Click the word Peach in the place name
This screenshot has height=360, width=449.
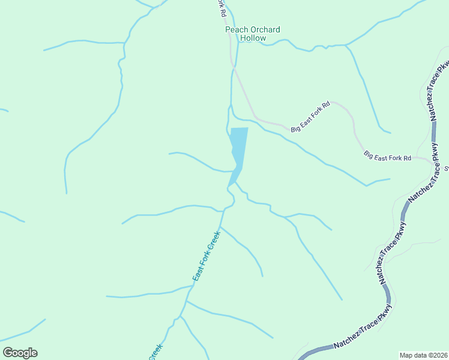[236, 29]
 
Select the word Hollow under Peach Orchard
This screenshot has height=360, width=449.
[253, 38]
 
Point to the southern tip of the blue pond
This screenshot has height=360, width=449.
[229, 185]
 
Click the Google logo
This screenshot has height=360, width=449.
[20, 353]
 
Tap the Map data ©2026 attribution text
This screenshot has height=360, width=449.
[424, 355]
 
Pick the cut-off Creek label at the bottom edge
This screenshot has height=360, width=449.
[155, 352]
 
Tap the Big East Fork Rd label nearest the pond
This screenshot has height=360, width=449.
[310, 117]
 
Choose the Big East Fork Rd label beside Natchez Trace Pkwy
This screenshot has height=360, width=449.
[387, 156]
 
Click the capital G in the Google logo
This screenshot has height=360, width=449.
[8, 353]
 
